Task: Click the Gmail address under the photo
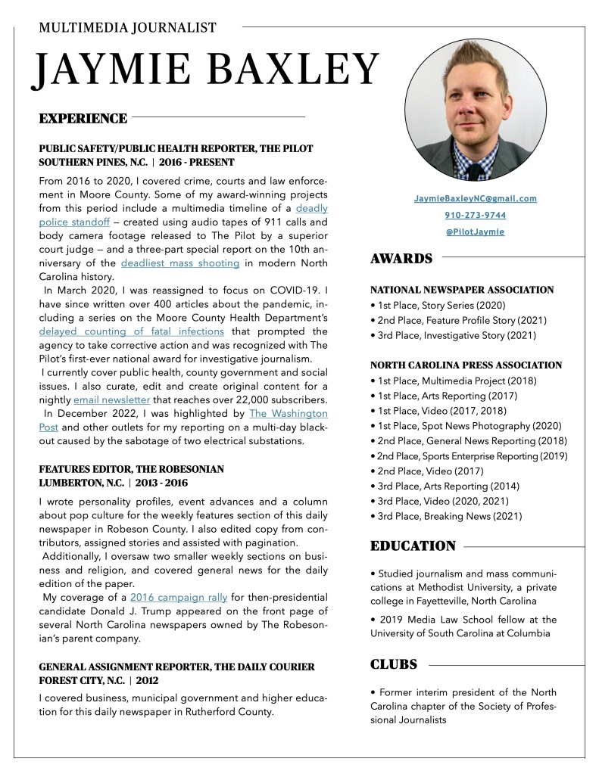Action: (475, 198)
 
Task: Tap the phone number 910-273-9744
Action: (475, 215)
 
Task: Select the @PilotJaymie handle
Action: (475, 232)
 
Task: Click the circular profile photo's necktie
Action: (473, 166)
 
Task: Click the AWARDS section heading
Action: (401, 259)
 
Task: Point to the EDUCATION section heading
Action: (413, 546)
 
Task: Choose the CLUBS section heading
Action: (394, 664)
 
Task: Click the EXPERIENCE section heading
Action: (83, 118)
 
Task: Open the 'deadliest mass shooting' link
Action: (180, 263)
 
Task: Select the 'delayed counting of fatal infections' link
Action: (132, 331)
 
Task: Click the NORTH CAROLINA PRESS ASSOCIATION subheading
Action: (466, 365)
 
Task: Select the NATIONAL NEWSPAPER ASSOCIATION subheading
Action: (462, 290)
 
